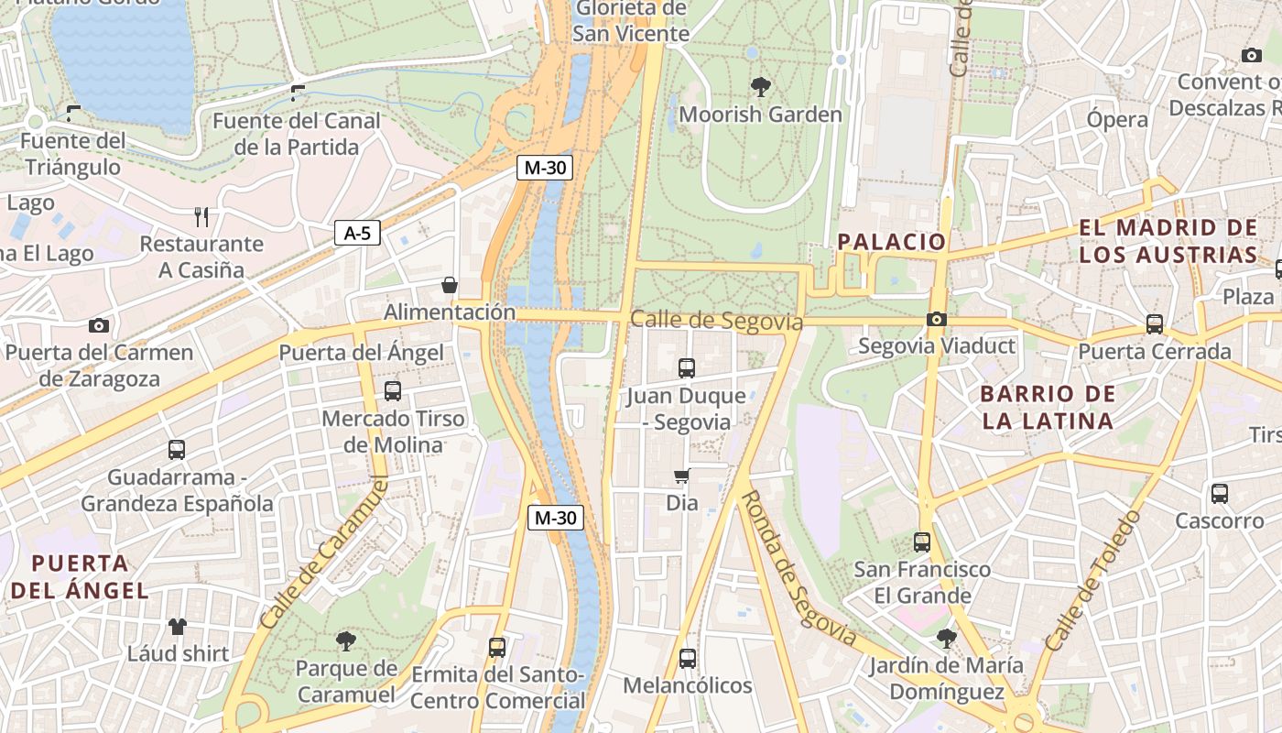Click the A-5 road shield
356,233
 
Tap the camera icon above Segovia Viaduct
936,319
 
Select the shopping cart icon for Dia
681,476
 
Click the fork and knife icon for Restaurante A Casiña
201,216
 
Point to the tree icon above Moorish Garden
760,87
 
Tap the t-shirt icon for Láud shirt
177,627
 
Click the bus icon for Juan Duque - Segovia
687,368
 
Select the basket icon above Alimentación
450,285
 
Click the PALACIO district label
891,242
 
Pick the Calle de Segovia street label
716,321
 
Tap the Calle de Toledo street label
1093,581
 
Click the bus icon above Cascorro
1219,494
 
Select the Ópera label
1116,119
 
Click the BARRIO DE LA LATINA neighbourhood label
1048,408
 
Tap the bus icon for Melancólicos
687,658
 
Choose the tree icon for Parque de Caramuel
345,640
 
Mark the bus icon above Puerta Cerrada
1154,324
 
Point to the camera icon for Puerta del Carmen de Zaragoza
99,325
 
